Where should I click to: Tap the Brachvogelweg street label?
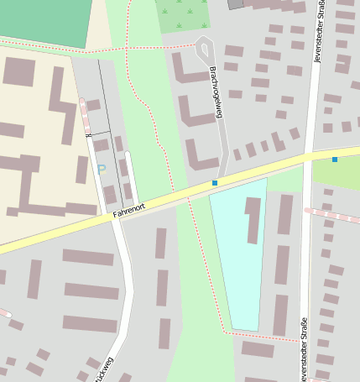(215, 92)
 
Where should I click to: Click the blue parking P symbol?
(102, 170)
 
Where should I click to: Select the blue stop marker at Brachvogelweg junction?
(215, 182)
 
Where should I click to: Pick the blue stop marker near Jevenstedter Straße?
(335, 159)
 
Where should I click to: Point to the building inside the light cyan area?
(253, 219)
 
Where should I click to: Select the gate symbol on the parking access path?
(87, 133)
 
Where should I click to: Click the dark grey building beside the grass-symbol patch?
(236, 4)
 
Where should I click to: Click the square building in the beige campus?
(18, 71)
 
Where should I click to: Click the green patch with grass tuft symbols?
(183, 15)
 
